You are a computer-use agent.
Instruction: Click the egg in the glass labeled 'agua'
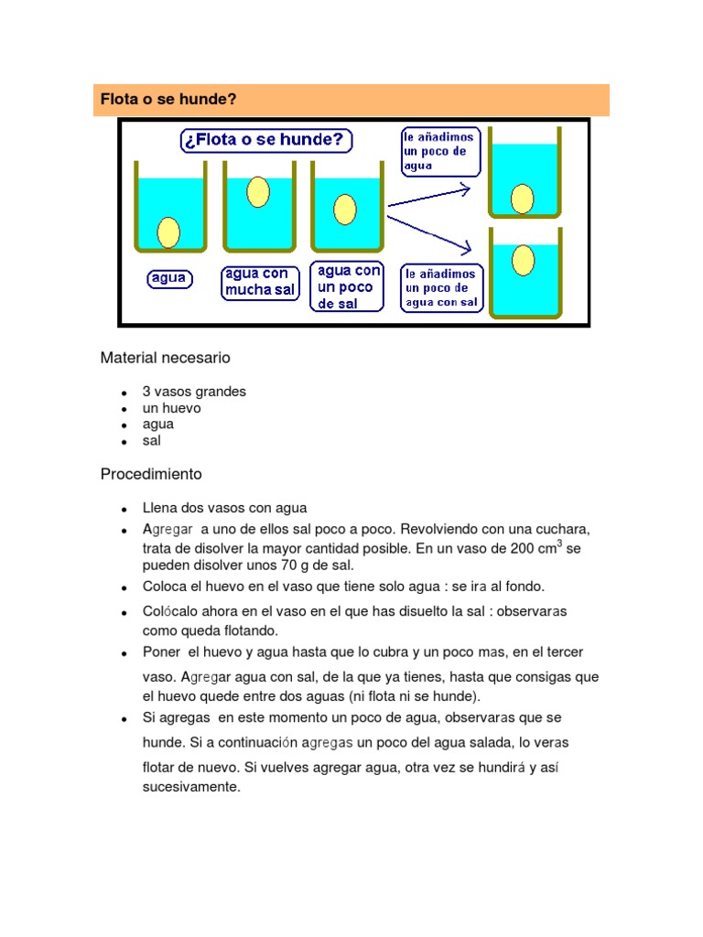tap(168, 232)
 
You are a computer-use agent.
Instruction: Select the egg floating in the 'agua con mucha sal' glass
tap(259, 192)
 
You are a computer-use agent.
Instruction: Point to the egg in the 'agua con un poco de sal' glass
tap(345, 209)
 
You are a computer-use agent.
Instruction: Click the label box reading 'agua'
tap(169, 278)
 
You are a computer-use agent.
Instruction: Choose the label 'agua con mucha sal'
tap(261, 282)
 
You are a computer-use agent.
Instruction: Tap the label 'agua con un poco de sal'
tap(348, 286)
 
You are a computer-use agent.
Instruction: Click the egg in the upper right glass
tap(523, 198)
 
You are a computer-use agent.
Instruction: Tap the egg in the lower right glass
tap(523, 261)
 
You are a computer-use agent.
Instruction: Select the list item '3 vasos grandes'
tap(194, 392)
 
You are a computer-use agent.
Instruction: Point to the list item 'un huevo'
tap(171, 408)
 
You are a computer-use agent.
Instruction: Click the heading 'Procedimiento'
tap(151, 475)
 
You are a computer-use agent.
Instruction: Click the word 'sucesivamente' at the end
tap(190, 786)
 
